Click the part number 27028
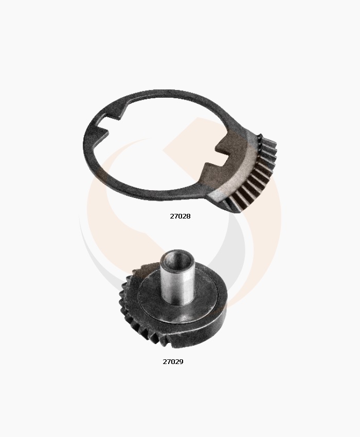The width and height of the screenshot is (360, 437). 180,216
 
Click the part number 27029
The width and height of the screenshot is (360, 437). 173,361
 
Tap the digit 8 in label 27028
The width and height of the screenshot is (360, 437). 188,216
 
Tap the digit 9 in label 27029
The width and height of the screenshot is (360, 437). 181,361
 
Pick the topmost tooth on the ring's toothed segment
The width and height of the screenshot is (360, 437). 263,137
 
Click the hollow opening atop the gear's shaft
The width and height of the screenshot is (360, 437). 177,255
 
